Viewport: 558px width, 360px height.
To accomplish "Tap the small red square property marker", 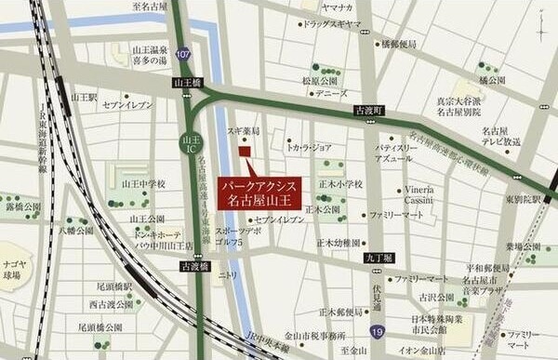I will (x=245, y=152).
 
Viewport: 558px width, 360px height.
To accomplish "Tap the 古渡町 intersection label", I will (x=369, y=111).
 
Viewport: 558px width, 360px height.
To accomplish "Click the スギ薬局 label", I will (x=244, y=132).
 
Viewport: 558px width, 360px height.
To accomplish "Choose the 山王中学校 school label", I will (x=142, y=183).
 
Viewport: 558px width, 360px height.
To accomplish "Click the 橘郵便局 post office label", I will (x=397, y=43).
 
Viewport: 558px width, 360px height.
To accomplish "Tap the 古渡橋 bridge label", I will (x=194, y=266).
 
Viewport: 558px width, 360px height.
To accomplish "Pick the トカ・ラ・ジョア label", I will (x=309, y=147).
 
